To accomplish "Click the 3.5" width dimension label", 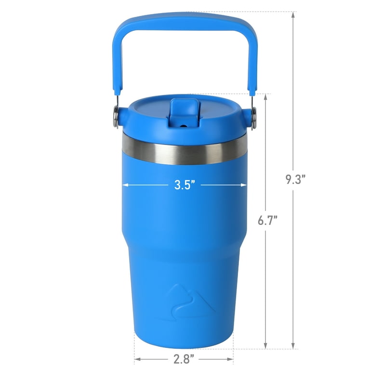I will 185,185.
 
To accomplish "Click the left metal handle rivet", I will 116,117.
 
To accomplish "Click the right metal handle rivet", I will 253,117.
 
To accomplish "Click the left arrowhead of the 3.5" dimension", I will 124,185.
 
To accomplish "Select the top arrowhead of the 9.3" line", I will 293,15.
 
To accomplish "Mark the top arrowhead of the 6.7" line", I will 265,97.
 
